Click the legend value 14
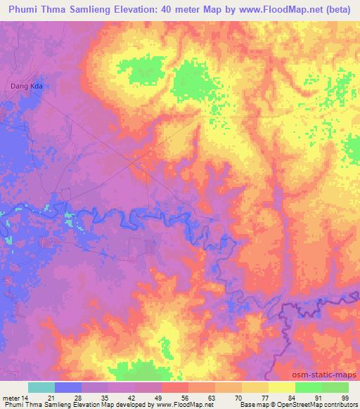pos(26,397)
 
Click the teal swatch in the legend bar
pos(41,387)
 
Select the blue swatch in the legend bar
pos(67,387)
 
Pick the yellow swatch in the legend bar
pos(281,387)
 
